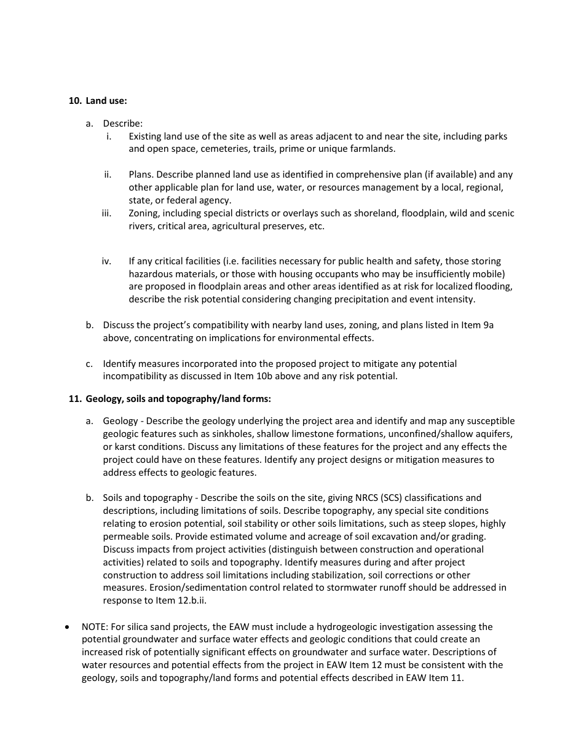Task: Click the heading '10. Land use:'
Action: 98,101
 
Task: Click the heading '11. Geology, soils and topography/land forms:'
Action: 170,399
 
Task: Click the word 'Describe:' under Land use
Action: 123,124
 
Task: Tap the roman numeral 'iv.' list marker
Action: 107,261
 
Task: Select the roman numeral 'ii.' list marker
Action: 108,175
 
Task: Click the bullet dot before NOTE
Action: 68,628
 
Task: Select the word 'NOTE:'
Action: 95,627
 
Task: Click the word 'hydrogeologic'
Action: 346,627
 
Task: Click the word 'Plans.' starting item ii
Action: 141,175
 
